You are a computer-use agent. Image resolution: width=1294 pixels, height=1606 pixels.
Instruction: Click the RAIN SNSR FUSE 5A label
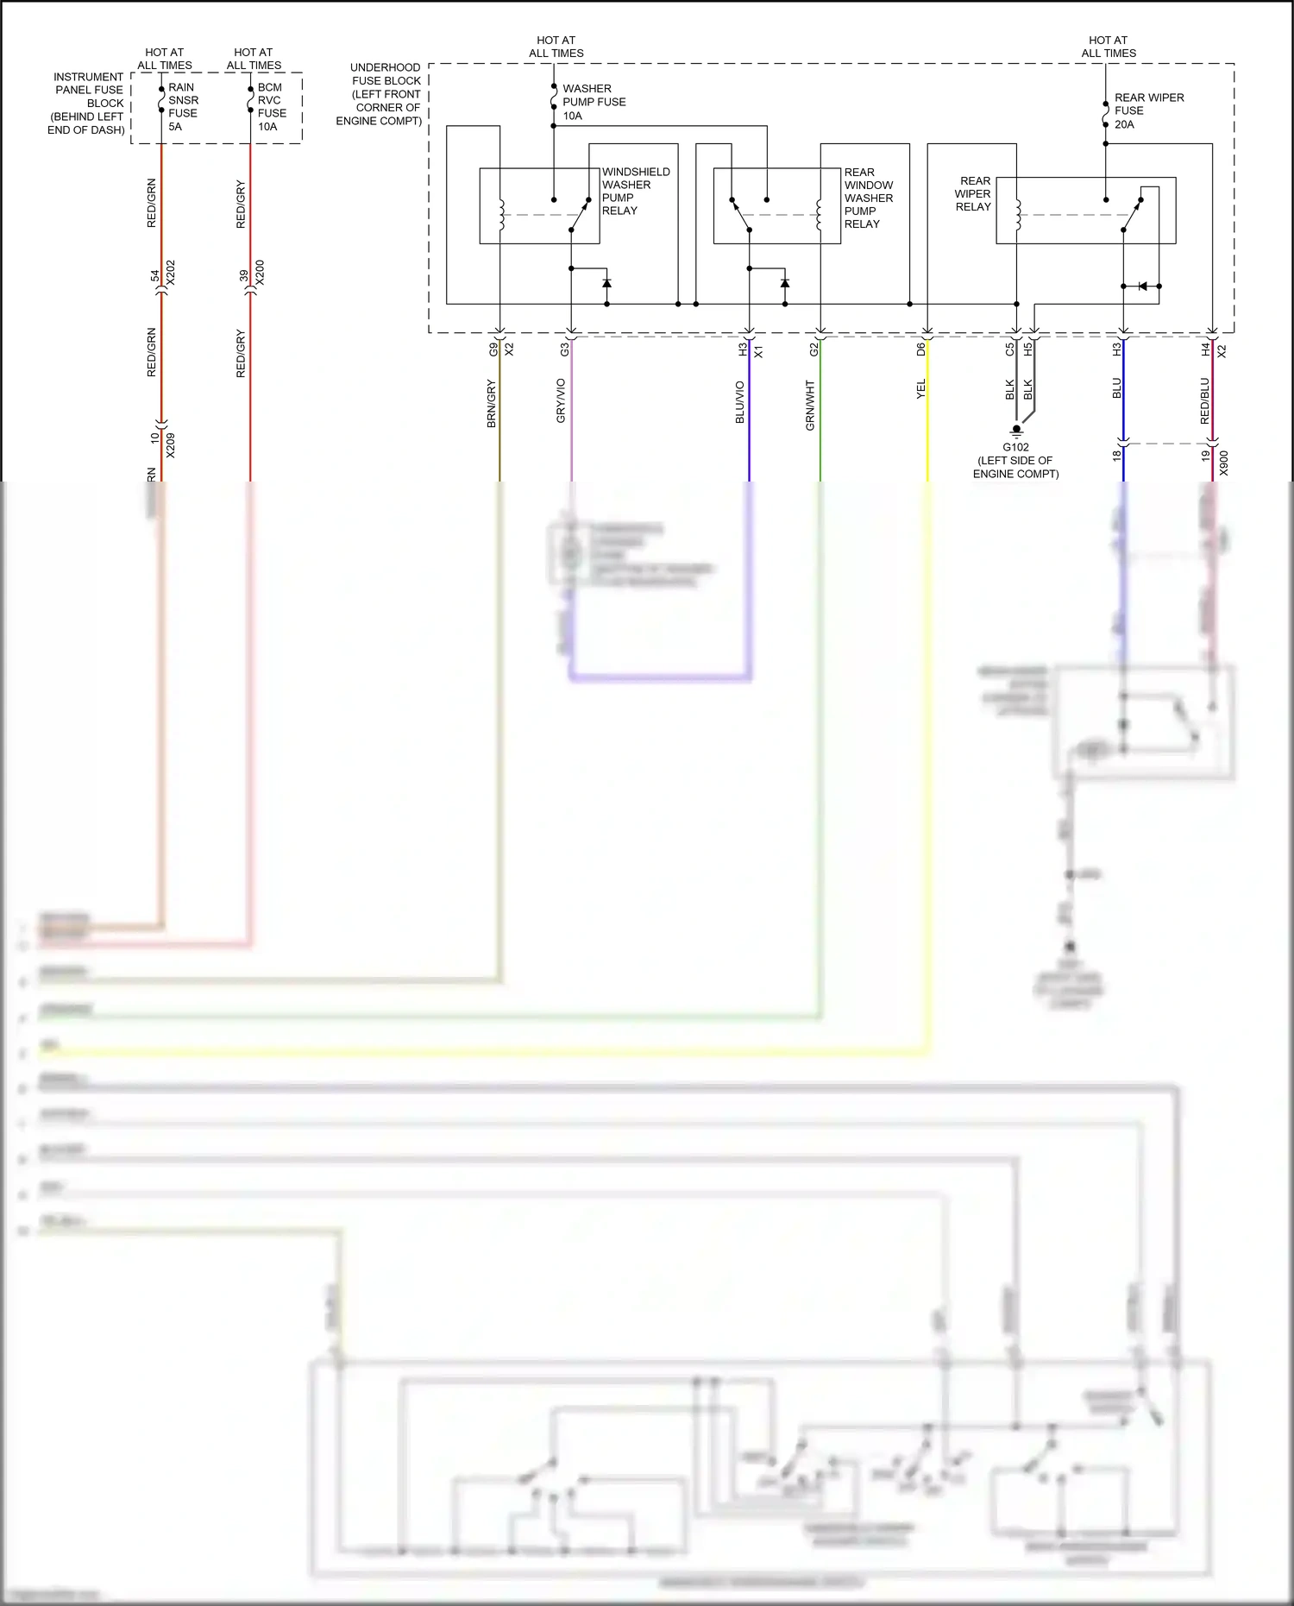pos(182,107)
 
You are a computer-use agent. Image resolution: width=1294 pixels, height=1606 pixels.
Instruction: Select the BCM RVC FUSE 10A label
pos(271,107)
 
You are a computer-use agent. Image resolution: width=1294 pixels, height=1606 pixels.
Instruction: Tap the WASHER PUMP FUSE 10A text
pos(594,102)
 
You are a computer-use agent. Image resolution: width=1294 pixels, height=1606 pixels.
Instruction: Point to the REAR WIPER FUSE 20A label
pos(1148,110)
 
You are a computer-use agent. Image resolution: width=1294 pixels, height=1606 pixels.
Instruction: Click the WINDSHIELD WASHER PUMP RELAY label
pos(635,191)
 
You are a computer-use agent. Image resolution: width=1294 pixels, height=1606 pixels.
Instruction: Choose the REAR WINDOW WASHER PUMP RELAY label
pos(868,198)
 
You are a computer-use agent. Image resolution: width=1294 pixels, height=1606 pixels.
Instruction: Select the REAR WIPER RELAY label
pos(973,194)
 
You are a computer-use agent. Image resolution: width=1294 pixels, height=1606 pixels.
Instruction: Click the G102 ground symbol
pos(1016,430)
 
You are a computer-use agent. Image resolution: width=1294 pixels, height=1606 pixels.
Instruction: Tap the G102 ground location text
pos(1015,461)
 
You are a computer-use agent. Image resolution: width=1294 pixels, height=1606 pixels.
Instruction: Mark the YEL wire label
pos(920,389)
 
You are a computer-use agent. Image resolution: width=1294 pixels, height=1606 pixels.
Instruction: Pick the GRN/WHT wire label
pos(810,406)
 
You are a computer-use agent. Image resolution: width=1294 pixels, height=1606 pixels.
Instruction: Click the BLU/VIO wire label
pos(739,402)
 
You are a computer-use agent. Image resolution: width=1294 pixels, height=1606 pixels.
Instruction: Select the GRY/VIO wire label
pos(561,400)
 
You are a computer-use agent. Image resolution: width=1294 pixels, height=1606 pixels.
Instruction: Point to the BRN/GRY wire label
pos(491,404)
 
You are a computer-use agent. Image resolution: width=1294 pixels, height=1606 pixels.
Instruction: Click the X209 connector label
pos(170,445)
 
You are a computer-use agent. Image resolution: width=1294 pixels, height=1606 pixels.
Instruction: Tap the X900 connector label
pos(1223,463)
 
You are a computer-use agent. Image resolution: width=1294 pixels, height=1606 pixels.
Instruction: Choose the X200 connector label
pos(260,273)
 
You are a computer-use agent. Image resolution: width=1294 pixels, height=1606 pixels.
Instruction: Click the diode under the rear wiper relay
pos(1143,287)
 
